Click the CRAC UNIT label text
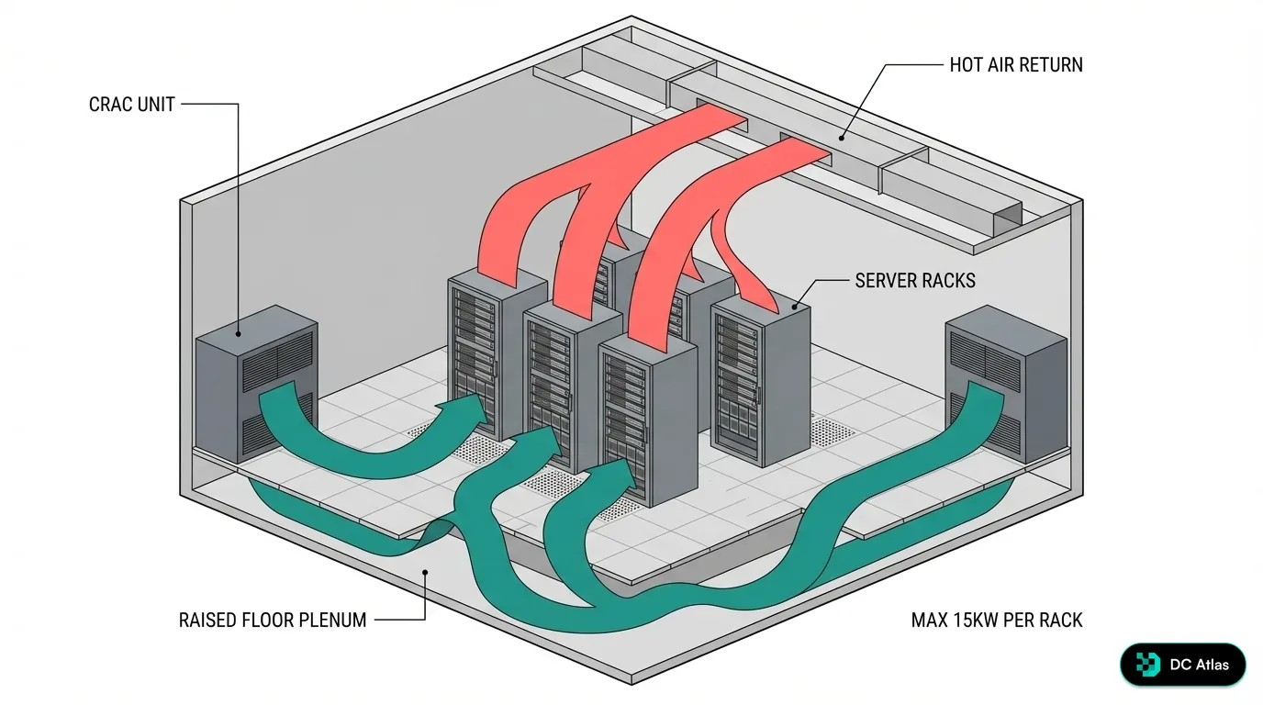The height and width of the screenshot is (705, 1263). pyautogui.click(x=131, y=105)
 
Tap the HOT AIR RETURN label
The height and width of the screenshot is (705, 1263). pyautogui.click(x=1016, y=65)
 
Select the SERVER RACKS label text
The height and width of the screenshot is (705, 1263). pyautogui.click(x=915, y=280)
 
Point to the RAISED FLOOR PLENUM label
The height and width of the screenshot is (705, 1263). pyautogui.click(x=273, y=621)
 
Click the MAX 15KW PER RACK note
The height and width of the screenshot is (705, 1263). pyautogui.click(x=997, y=621)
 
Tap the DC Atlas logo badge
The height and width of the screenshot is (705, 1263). pyautogui.click(x=1182, y=665)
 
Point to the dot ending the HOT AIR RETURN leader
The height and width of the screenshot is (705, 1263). pyautogui.click(x=841, y=139)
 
